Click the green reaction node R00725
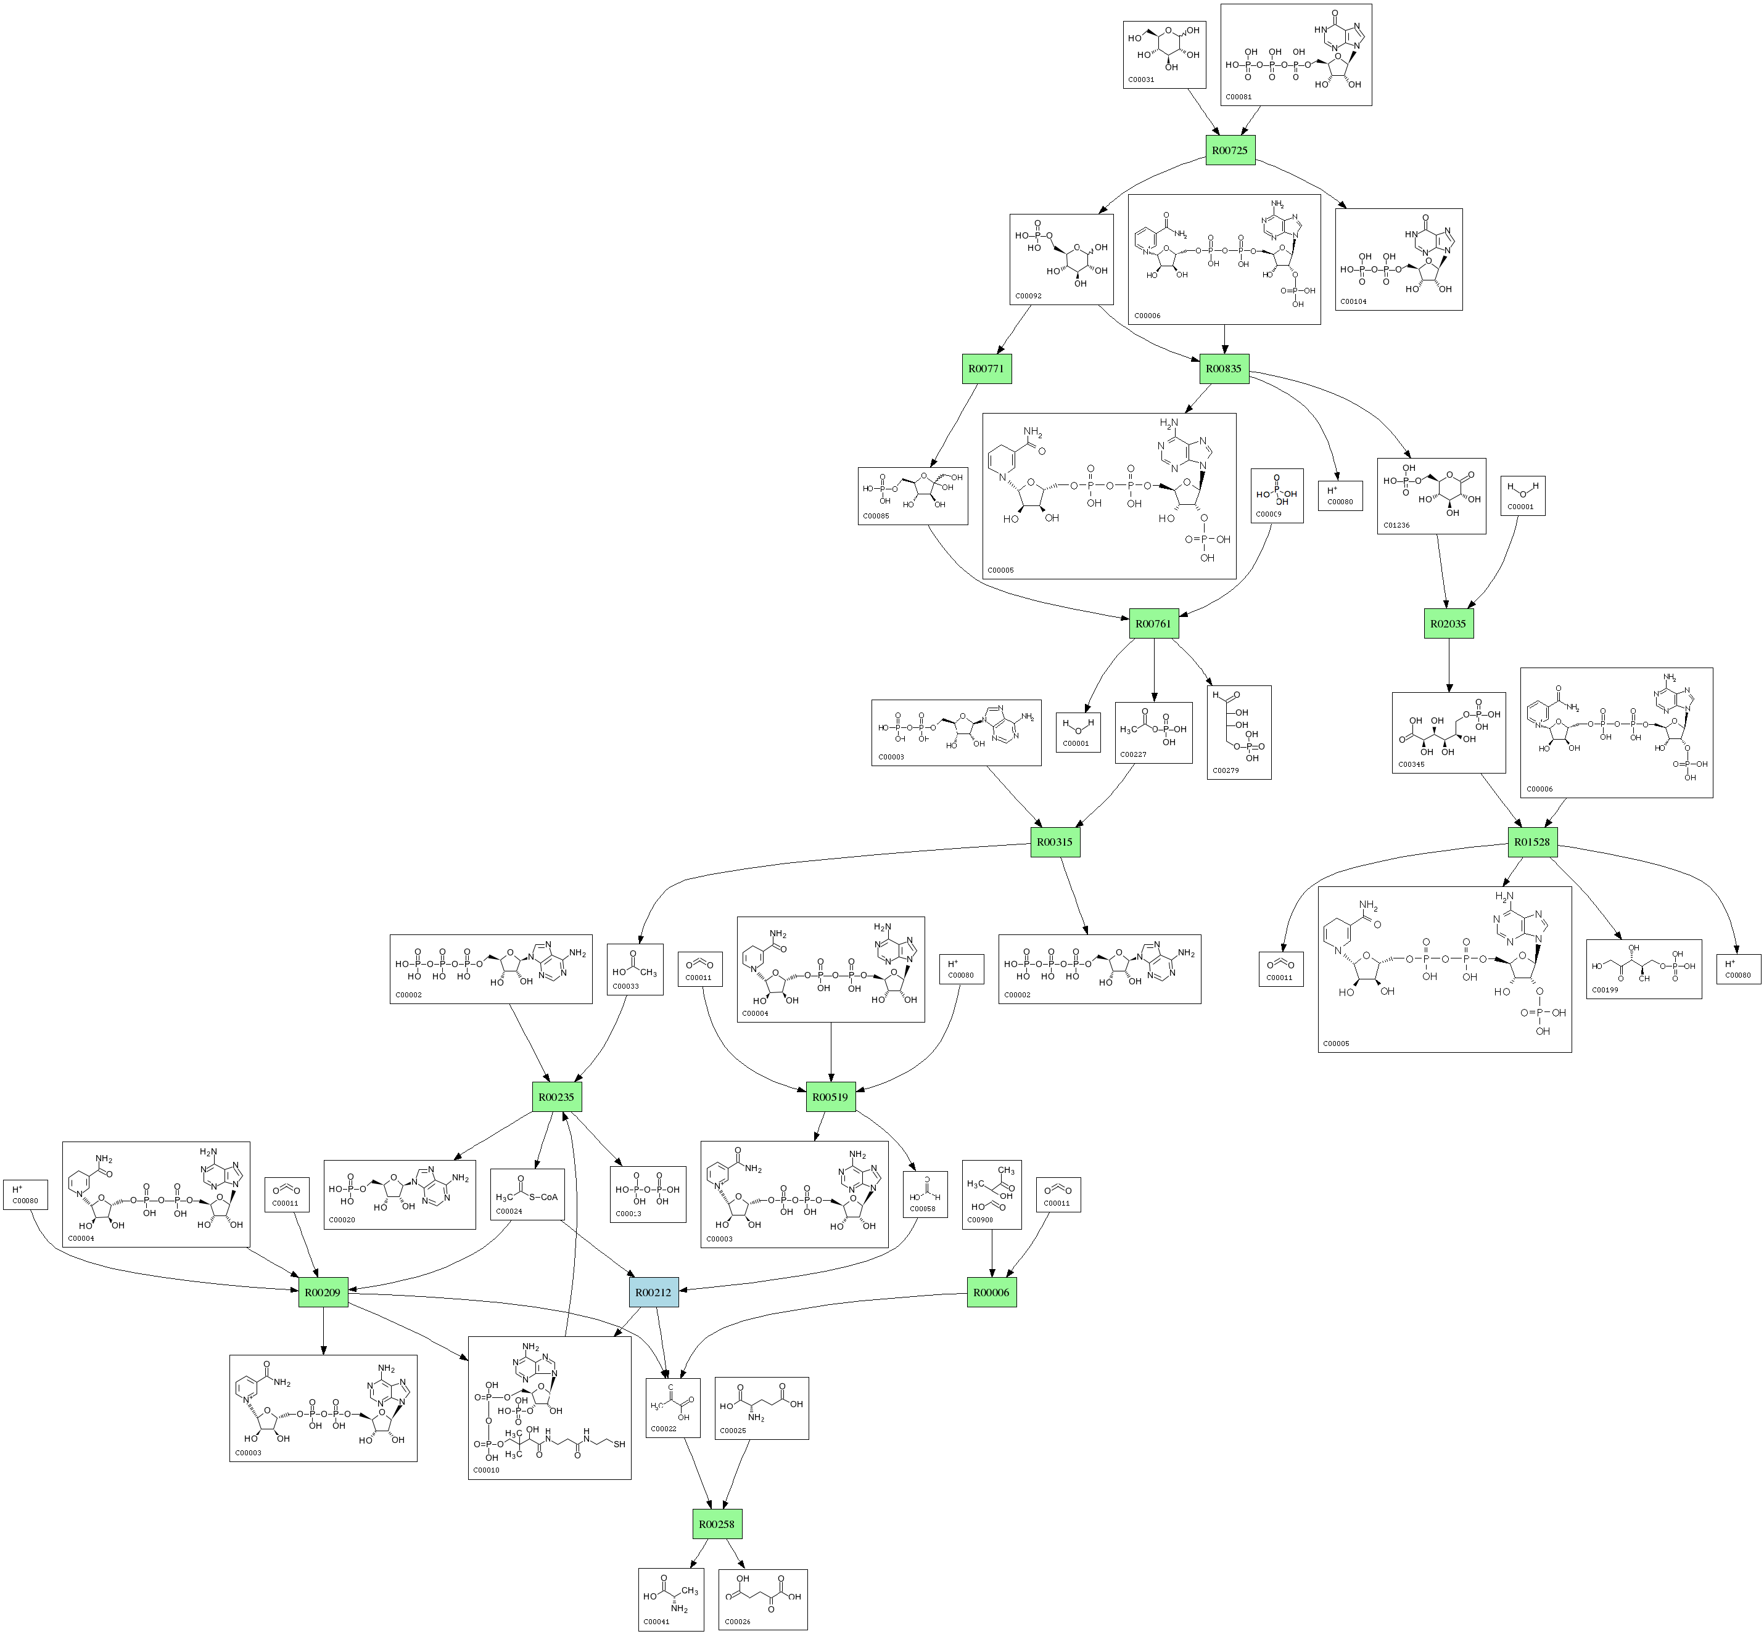point(1230,150)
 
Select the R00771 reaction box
point(986,369)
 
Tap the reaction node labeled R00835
point(1224,369)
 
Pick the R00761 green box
point(1153,623)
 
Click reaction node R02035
point(1448,623)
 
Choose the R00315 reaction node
point(1055,842)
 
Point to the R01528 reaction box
point(1532,842)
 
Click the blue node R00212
point(654,1293)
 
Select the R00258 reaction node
point(717,1524)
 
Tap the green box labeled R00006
point(991,1293)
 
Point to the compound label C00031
point(1141,80)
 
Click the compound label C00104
point(1353,301)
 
